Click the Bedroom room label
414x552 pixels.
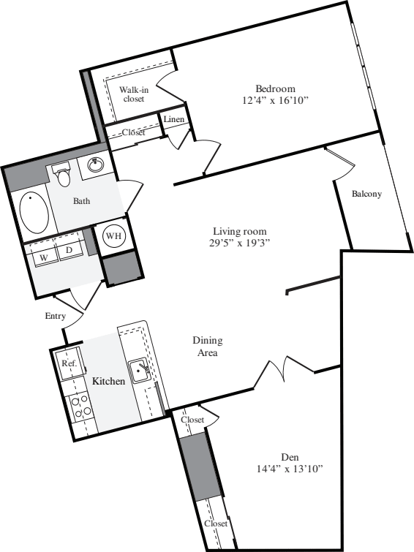275,88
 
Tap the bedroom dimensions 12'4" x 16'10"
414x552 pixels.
275,101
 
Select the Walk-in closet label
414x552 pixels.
134,94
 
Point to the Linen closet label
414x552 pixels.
174,119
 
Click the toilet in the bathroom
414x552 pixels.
63,174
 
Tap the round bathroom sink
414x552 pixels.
95,165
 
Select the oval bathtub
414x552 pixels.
34,212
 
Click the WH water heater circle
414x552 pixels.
113,235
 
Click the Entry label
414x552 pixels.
56,316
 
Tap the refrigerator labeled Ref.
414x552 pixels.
68,363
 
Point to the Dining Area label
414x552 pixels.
208,347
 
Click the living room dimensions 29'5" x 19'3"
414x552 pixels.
240,243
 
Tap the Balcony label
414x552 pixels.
366,194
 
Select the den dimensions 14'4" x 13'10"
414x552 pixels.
290,469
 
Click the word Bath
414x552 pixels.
81,201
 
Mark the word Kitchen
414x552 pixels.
108,381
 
